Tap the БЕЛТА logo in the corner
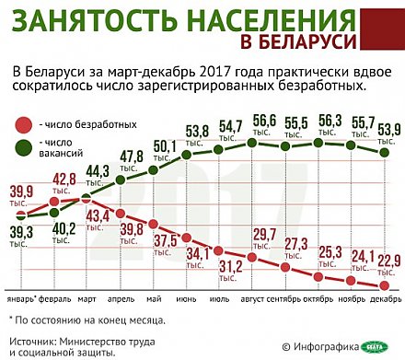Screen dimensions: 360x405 [378, 346]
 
